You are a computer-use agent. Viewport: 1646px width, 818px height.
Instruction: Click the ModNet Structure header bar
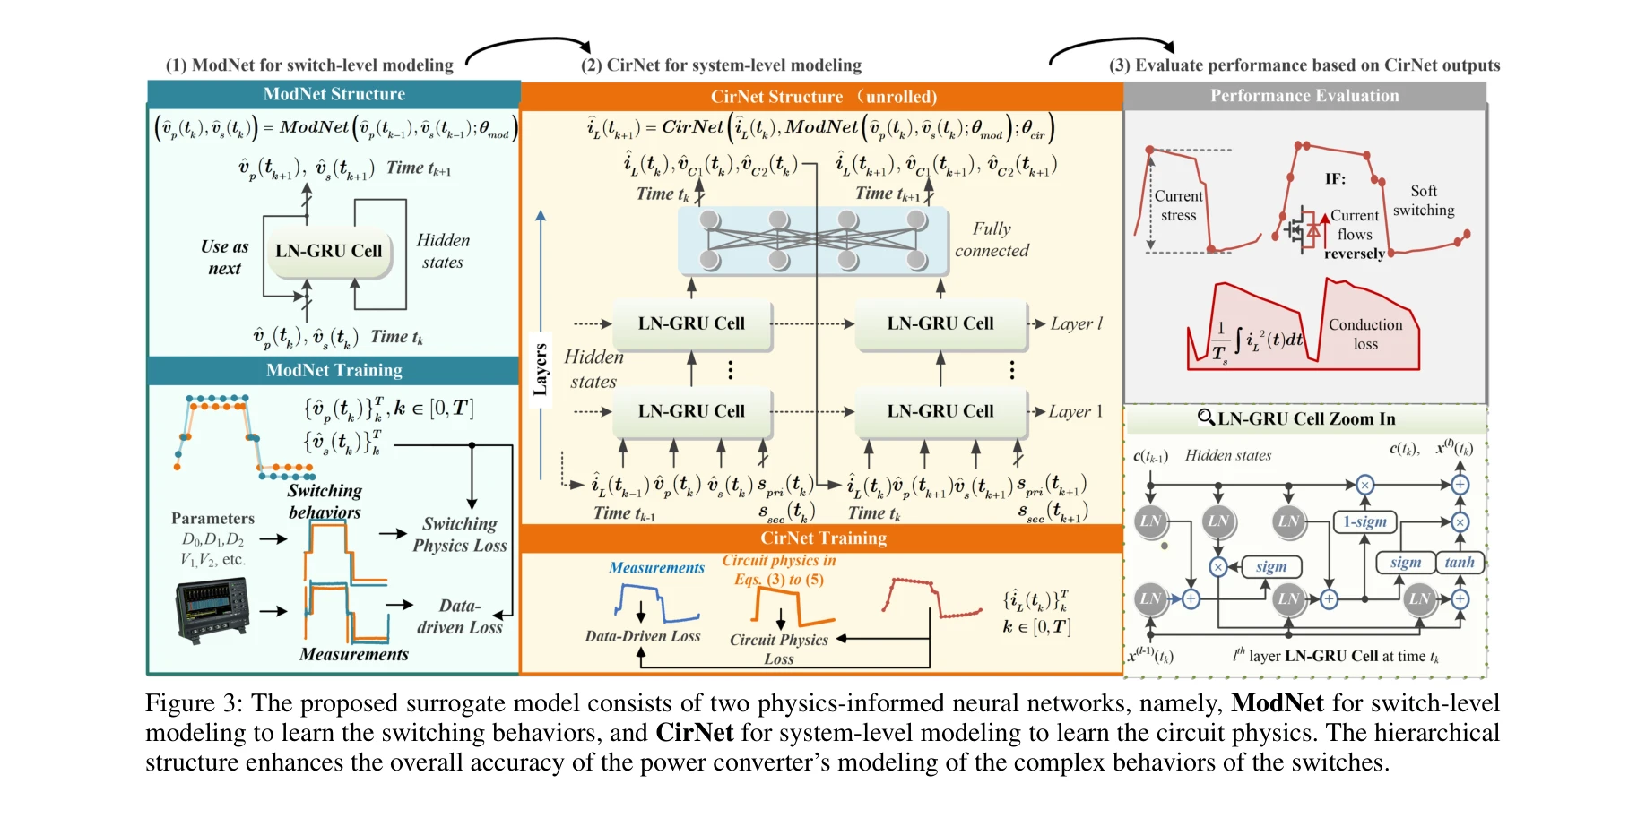click(334, 94)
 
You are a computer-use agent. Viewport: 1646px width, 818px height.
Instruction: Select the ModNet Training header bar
click(334, 370)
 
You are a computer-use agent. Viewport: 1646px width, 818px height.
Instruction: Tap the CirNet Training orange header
click(822, 538)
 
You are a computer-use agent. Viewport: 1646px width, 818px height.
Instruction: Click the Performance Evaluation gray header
click(1304, 96)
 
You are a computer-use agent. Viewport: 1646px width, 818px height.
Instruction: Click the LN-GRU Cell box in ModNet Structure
click(329, 252)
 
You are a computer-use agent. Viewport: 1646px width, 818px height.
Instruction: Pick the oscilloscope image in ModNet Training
click(213, 610)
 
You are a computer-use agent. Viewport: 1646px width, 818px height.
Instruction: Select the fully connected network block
click(812, 241)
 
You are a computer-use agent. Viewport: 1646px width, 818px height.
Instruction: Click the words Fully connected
click(992, 240)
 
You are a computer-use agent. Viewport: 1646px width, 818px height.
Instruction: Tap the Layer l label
click(1076, 323)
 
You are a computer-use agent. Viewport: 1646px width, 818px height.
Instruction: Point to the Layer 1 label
click(1076, 411)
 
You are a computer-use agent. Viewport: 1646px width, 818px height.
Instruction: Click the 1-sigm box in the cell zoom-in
click(1364, 521)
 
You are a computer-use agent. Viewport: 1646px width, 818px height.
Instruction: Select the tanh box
click(1459, 563)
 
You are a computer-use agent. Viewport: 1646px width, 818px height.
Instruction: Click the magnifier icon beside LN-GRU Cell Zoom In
click(1206, 418)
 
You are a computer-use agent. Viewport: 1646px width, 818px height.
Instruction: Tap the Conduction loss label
click(1365, 334)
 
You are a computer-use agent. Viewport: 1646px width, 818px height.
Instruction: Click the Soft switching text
click(1424, 201)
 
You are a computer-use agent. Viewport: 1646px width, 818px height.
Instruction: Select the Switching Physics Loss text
click(460, 535)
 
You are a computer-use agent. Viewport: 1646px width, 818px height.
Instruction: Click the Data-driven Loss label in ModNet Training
click(460, 617)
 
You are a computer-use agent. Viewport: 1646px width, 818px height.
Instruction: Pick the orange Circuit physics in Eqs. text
click(779, 570)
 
